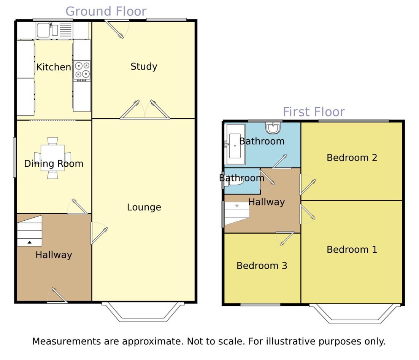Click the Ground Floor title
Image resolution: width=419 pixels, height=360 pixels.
tap(106, 11)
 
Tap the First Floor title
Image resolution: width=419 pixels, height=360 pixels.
tap(314, 112)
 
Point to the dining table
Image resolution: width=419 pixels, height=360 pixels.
tap(52, 158)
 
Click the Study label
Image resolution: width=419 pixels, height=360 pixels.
tap(144, 67)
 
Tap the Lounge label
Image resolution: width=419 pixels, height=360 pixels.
tap(144, 207)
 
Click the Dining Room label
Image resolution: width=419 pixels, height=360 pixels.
tap(54, 164)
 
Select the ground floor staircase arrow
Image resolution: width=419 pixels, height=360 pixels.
tap(29, 242)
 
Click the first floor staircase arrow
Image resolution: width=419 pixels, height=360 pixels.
tap(237, 206)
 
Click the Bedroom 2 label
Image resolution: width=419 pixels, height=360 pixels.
tap(352, 158)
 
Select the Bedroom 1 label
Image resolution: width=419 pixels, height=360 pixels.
tap(352, 250)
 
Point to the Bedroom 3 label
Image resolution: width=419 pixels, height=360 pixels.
tap(262, 266)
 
